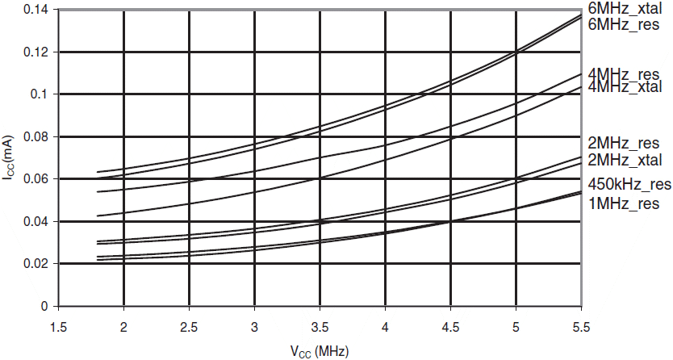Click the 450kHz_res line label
[629, 183]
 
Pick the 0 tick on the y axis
[46, 307]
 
